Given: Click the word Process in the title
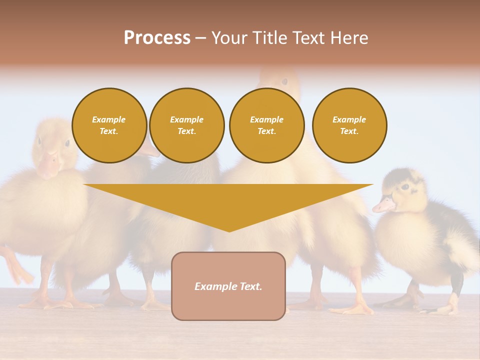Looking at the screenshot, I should (157, 38).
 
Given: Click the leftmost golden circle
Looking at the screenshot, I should (109, 125).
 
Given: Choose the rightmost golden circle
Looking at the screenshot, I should (349, 125).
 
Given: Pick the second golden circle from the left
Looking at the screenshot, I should (186, 125).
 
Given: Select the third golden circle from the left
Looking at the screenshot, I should (266, 125).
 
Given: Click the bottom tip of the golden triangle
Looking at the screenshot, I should (229, 230).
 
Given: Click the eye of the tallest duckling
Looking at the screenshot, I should (284, 81).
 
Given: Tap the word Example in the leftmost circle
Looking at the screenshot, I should (109, 120).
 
